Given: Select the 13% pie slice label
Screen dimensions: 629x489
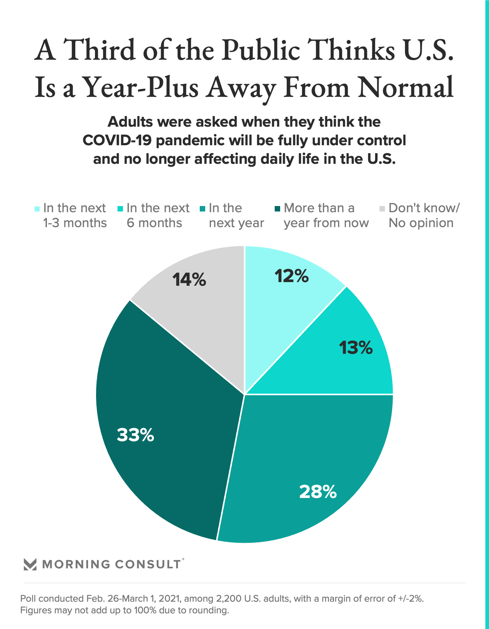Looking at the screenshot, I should tap(356, 348).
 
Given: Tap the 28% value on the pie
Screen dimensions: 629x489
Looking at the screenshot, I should tap(318, 492).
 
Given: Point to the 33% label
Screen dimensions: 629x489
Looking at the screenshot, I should tap(135, 435).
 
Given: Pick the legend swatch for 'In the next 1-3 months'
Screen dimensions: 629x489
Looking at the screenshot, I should tap(37, 209).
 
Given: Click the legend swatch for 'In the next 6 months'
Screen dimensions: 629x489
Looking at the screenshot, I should tap(120, 209).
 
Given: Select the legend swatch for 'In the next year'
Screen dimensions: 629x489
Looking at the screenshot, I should tap(203, 209).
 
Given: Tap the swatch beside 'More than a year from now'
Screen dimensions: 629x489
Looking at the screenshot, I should tap(278, 209).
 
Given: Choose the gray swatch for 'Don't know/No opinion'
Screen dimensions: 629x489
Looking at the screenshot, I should tap(382, 209).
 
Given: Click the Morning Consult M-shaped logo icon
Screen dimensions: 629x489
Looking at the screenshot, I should tap(30, 564).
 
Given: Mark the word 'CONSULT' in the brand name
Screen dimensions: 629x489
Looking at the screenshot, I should tap(148, 564).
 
